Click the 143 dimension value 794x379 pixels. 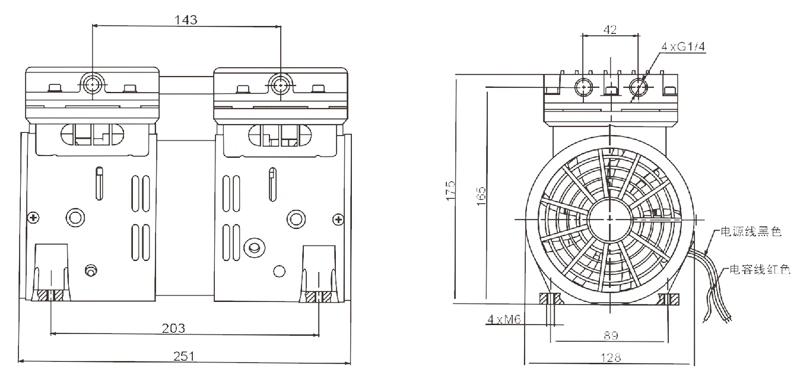point(185,19)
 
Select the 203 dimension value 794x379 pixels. point(173,328)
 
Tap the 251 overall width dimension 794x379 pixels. point(185,356)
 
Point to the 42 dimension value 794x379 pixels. point(609,29)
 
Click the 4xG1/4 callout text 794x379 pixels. point(682,46)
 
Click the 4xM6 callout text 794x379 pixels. point(504,320)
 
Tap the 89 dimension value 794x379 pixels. point(611,336)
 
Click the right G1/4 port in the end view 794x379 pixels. point(639,87)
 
